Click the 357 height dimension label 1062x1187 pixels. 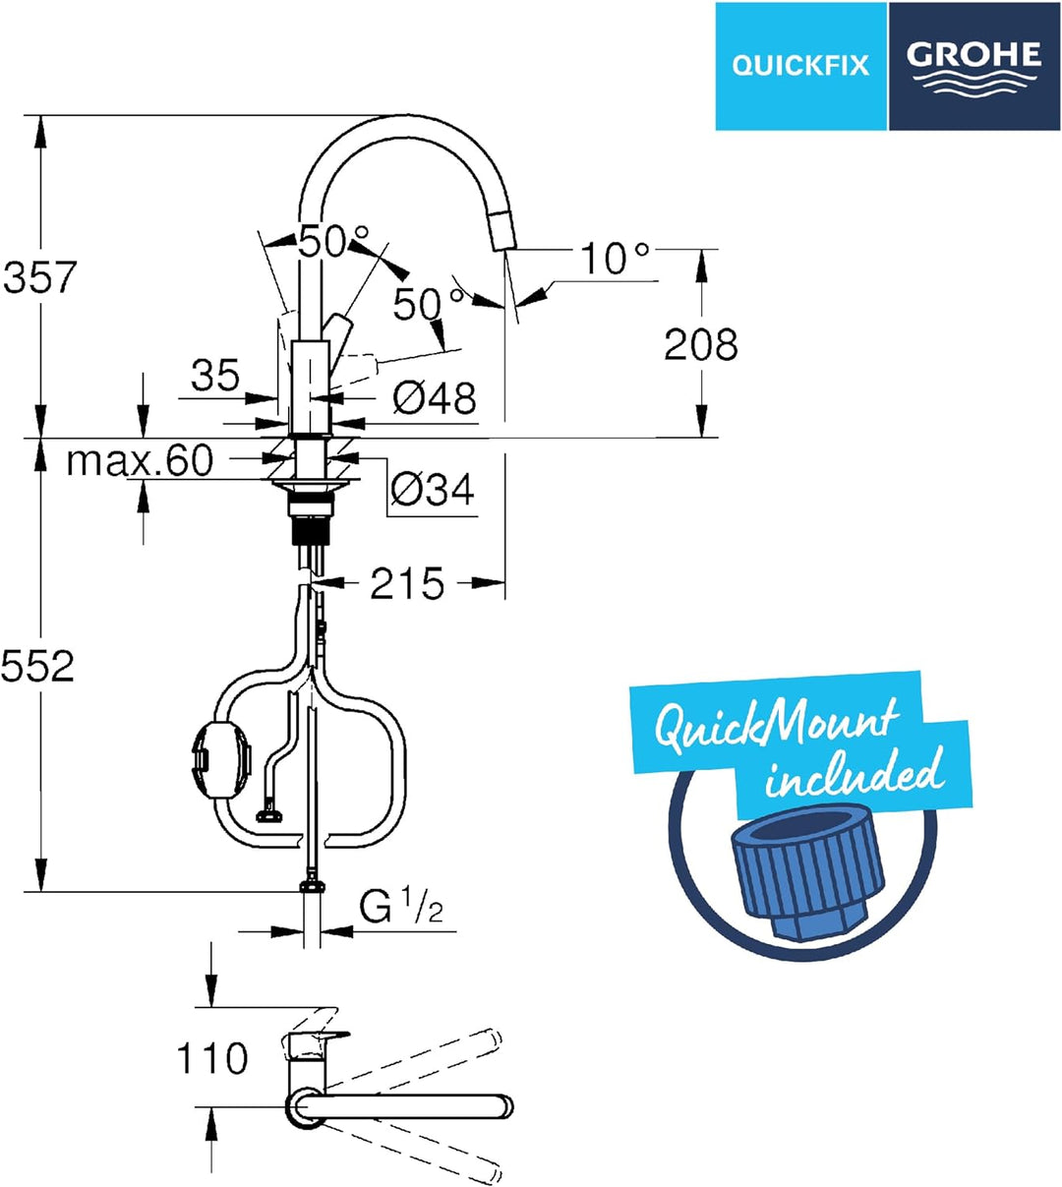pyautogui.click(x=40, y=276)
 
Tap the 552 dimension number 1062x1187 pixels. pyautogui.click(x=38, y=667)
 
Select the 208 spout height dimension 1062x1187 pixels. pyautogui.click(x=700, y=344)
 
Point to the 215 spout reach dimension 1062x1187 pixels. pyautogui.click(x=407, y=583)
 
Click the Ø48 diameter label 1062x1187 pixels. pyautogui.click(x=434, y=398)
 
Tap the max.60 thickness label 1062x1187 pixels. pyautogui.click(x=140, y=460)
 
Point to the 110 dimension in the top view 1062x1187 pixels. pyautogui.click(x=212, y=1058)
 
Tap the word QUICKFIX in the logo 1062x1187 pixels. pyautogui.click(x=800, y=65)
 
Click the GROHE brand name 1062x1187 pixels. pyautogui.click(x=974, y=54)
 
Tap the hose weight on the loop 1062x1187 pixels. pyautogui.click(x=221, y=759)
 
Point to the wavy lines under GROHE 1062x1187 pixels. pyautogui.click(x=973, y=83)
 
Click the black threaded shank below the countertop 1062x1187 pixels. pyautogui.click(x=311, y=530)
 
